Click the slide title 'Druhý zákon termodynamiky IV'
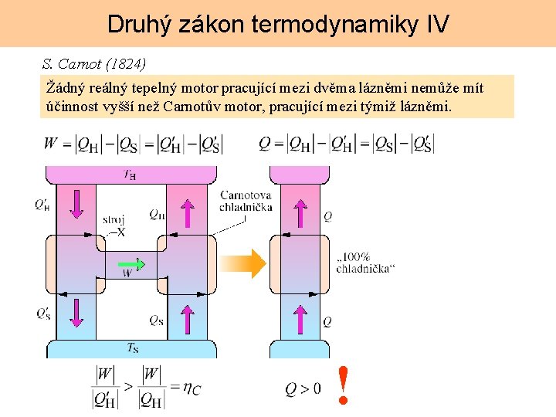point(278,24)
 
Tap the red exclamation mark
point(344,385)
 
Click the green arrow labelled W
point(132,266)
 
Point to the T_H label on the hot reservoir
point(130,175)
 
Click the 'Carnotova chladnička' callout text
point(246,201)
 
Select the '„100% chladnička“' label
point(365,263)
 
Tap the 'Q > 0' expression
point(303,389)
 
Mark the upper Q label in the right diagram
point(327,217)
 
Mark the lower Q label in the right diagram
point(327,321)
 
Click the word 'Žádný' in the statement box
point(63,88)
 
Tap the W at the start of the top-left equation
point(51,143)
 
